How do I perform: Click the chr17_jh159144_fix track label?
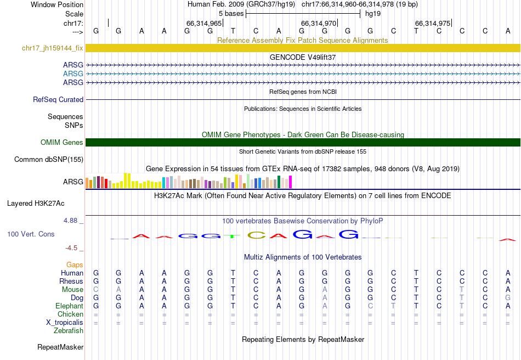tap(53, 48)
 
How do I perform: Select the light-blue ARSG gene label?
tap(73, 74)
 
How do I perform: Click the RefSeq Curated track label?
tap(58, 100)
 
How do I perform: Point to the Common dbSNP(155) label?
tap(49, 160)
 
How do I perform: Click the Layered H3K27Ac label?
tap(36, 204)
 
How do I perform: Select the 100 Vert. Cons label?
tap(31, 234)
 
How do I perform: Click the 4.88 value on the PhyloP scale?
tap(72, 221)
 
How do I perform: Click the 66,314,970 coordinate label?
tap(318, 24)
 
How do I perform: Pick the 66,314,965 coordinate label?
tap(204, 24)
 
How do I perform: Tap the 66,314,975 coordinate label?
tap(433, 24)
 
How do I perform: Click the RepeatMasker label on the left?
tap(60, 347)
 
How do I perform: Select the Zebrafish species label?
tap(69, 331)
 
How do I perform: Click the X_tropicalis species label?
tap(65, 323)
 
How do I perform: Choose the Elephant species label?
tap(69, 306)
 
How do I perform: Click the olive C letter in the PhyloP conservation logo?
tap(256, 235)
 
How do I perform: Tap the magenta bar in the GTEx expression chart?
tap(290, 182)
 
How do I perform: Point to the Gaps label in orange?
tap(75, 265)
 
